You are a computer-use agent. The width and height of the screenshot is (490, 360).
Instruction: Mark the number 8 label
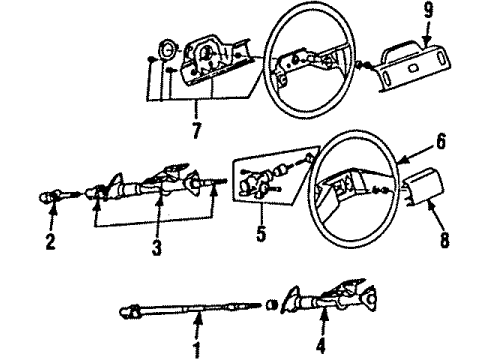(x=445, y=241)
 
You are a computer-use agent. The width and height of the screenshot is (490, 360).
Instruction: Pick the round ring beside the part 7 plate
(x=169, y=50)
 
